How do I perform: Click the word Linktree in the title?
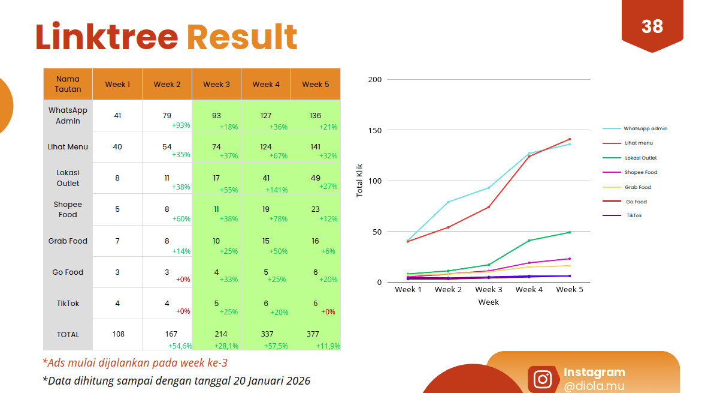(107, 37)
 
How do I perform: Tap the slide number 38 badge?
(652, 26)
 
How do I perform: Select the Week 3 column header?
(216, 84)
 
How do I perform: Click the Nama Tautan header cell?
(68, 84)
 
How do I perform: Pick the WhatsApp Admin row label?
(68, 116)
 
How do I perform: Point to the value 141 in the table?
(315, 146)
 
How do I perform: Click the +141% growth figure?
(276, 190)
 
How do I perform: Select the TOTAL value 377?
(313, 334)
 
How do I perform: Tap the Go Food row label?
(68, 272)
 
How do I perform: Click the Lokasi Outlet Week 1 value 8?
(117, 178)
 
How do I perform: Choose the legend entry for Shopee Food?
(641, 172)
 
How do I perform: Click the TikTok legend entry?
(634, 215)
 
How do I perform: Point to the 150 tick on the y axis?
(375, 130)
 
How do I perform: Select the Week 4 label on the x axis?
(529, 290)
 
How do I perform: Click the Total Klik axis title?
(360, 181)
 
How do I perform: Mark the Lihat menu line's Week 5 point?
(569, 139)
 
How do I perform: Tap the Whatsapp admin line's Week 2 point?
(448, 202)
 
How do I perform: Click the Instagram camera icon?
(543, 379)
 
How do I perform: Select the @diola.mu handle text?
(594, 386)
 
